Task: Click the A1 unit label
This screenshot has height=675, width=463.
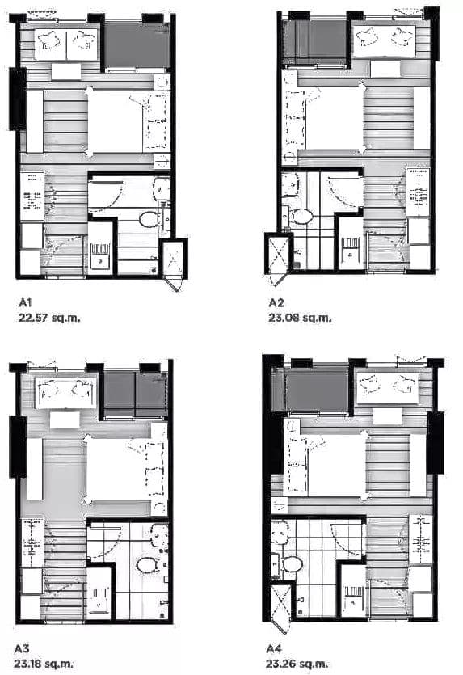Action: coord(25,302)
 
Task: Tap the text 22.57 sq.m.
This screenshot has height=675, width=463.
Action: coord(49,319)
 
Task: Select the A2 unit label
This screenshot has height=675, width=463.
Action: coord(276,302)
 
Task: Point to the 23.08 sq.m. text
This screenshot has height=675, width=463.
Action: coord(300,319)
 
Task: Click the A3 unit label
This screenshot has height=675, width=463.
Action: coord(22,648)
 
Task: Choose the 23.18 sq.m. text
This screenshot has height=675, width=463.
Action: coord(44,664)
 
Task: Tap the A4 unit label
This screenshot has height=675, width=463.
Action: coord(274,648)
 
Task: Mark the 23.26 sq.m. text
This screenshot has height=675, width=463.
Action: coord(297,664)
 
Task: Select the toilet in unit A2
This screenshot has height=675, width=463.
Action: coord(302,216)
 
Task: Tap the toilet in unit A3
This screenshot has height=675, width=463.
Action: coord(148,564)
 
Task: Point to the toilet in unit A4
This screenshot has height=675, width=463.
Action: coord(293,563)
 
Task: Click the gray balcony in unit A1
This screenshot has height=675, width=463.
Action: coord(137,45)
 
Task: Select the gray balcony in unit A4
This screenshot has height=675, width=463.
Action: coord(317,392)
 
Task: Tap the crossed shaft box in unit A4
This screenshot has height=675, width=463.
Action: coord(280,602)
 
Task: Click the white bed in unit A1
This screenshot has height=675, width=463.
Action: coord(115,121)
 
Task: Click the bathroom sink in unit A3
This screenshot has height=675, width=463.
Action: coord(161,533)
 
